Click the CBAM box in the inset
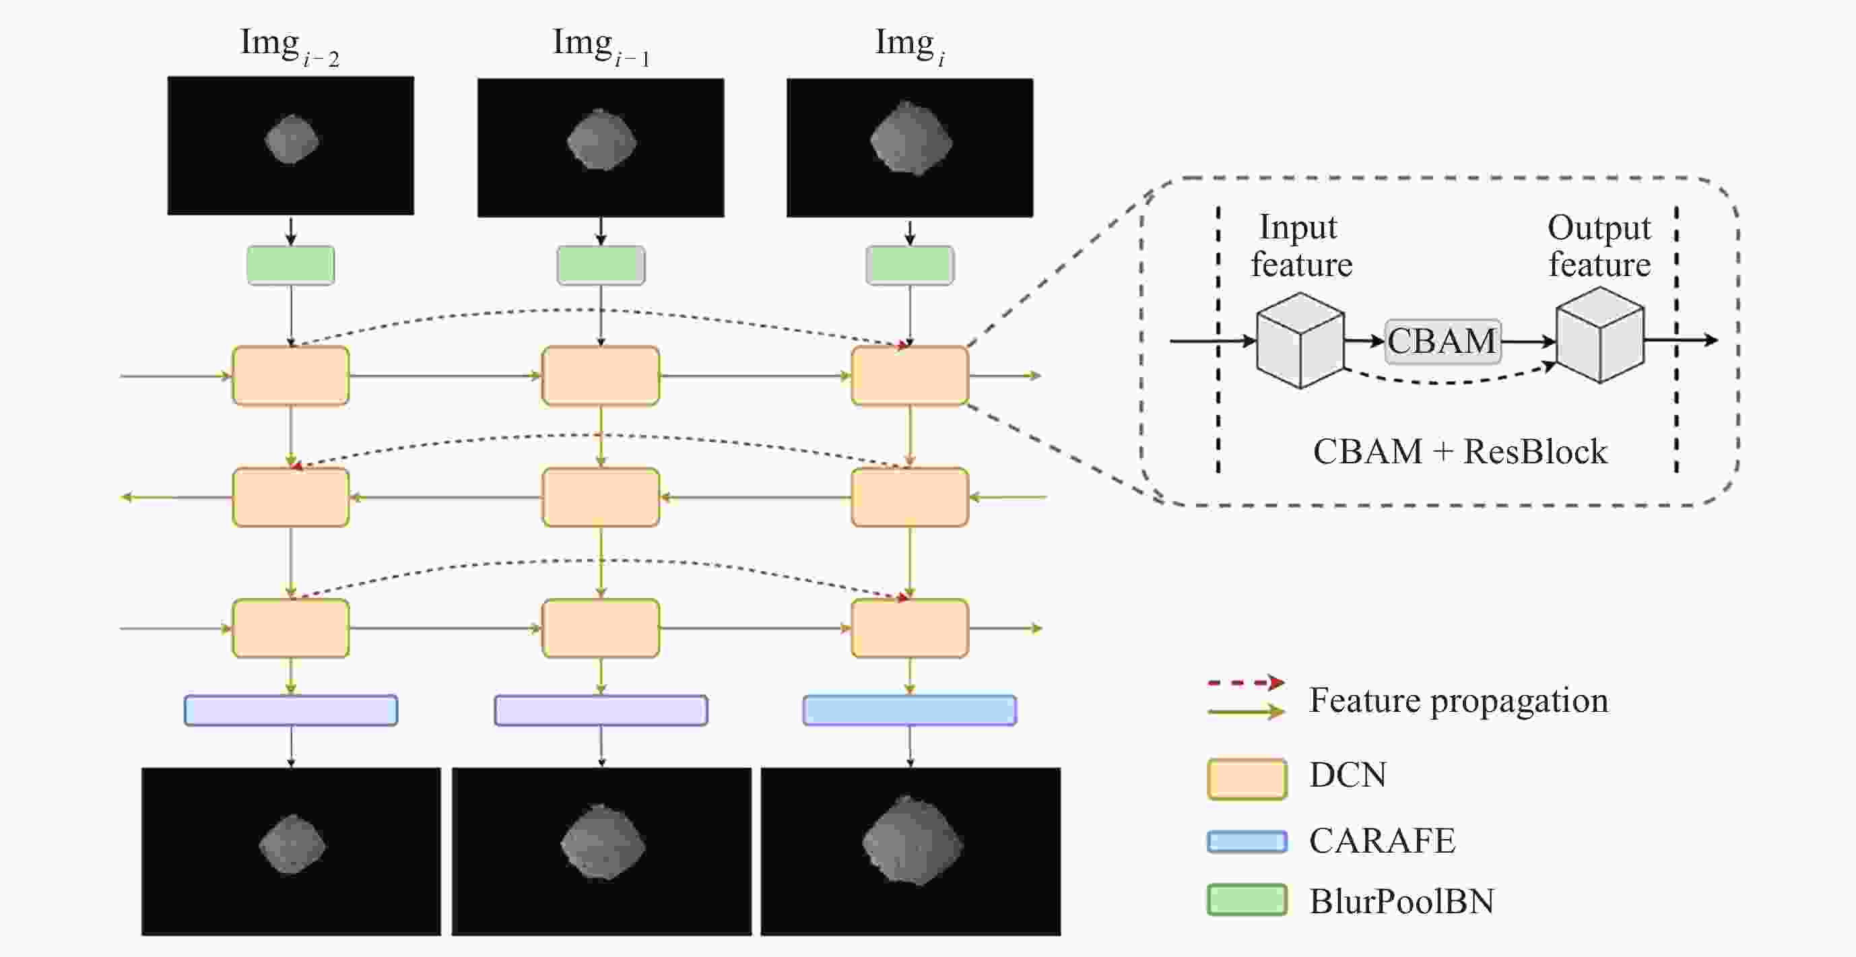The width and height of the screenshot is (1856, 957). (1443, 341)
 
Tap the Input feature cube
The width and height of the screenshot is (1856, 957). (1300, 340)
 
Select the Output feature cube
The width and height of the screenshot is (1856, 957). (1599, 336)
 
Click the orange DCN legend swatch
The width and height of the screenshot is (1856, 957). (1247, 779)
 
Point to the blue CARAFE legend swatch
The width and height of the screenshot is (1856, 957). (1247, 841)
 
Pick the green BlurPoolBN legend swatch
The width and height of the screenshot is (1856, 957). (1247, 900)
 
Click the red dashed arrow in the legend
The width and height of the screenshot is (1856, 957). (1245, 682)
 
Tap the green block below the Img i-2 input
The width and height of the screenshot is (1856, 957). (290, 265)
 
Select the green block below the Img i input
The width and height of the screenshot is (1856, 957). (909, 265)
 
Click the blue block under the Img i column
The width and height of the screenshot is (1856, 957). (909, 710)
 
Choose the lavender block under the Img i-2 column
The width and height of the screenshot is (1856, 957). (290, 710)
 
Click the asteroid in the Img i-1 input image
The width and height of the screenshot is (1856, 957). (601, 141)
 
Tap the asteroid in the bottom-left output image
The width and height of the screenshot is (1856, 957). (292, 845)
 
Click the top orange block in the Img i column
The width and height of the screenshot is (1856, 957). (909, 375)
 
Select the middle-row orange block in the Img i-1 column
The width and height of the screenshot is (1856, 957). (600, 497)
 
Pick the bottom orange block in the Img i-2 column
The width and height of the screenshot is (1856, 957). (290, 628)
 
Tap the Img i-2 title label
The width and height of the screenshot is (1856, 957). (289, 45)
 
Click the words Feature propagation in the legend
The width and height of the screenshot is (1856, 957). (1458, 700)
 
